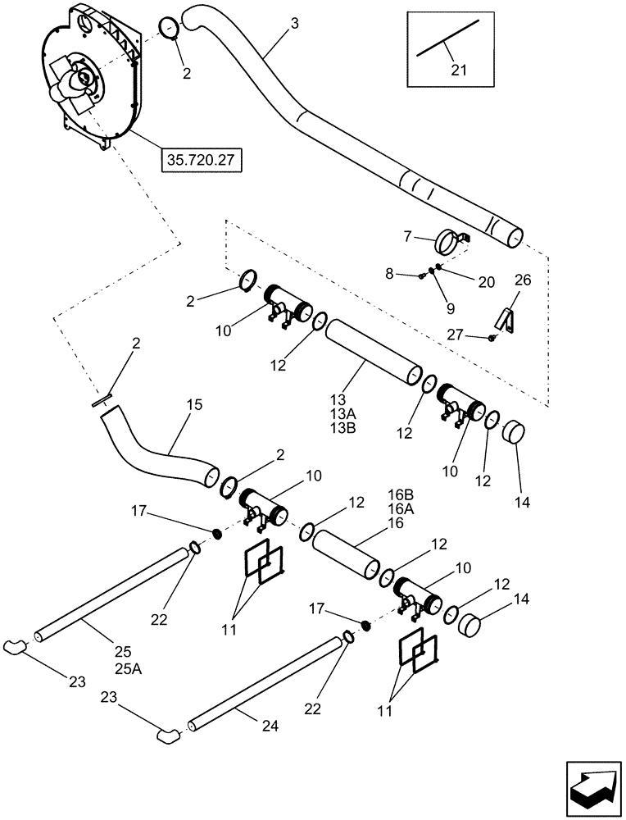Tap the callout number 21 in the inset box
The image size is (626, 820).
coord(458,71)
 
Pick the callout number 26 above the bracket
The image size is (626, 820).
coord(523,280)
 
